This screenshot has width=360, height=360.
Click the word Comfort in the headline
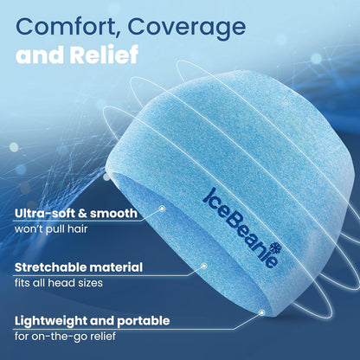tap(68, 28)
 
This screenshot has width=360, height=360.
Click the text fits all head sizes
tap(57, 285)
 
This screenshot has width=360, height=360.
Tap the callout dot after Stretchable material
tap(203, 266)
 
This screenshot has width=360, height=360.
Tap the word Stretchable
tap(51, 267)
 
